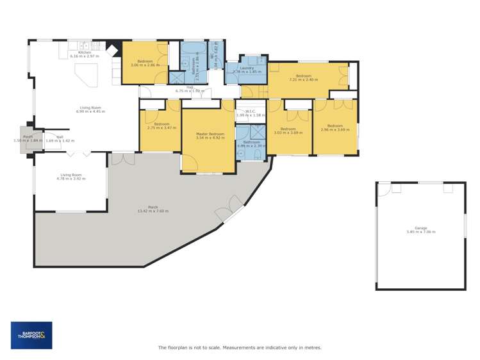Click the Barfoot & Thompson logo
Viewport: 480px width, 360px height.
(x=31, y=335)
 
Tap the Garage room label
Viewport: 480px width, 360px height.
(x=420, y=230)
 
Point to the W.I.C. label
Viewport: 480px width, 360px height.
(x=250, y=113)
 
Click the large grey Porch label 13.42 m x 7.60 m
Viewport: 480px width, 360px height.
(x=153, y=209)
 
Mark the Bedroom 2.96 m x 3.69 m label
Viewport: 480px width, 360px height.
(x=335, y=127)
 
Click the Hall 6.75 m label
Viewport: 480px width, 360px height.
(x=190, y=89)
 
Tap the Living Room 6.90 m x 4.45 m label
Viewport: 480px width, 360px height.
(x=89, y=110)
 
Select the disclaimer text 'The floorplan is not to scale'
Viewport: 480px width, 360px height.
(x=240, y=348)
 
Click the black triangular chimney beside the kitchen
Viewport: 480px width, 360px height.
(x=113, y=48)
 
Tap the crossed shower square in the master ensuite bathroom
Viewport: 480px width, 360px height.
(x=258, y=132)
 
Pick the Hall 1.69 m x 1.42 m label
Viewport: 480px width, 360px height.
(x=60, y=138)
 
